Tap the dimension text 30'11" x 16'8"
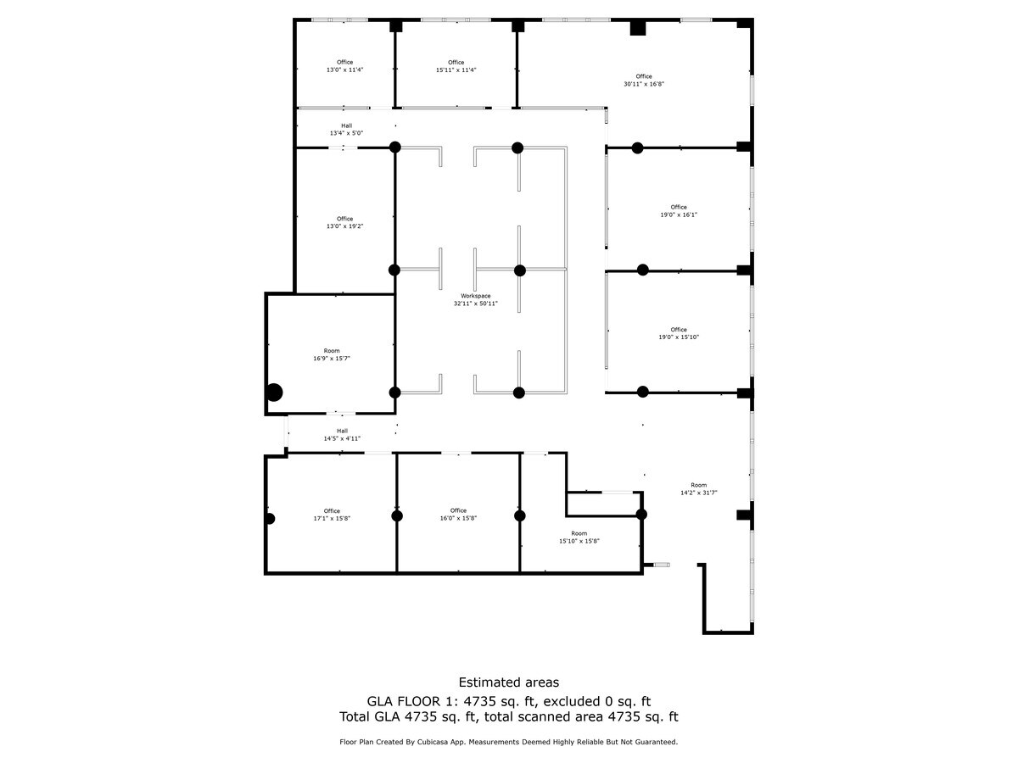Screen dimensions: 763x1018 pyautogui.click(x=644, y=84)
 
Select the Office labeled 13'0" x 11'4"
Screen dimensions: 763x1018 pyautogui.click(x=344, y=66)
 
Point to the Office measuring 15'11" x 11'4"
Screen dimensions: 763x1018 pyautogui.click(x=456, y=66)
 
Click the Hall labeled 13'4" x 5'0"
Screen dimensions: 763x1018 pyautogui.click(x=346, y=130)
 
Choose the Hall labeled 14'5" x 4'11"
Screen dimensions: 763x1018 pyautogui.click(x=342, y=435)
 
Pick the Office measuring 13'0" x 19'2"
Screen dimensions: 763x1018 pyautogui.click(x=344, y=223)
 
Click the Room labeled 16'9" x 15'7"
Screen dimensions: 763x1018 pyautogui.click(x=331, y=354)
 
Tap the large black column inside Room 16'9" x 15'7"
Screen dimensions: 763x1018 pyautogui.click(x=274, y=393)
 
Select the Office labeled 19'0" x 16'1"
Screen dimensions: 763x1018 pyautogui.click(x=679, y=211)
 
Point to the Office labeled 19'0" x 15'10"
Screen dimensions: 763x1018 pyautogui.click(x=679, y=333)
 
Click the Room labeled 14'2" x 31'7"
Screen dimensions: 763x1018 pyautogui.click(x=698, y=488)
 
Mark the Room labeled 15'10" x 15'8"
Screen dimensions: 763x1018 pyautogui.click(x=579, y=537)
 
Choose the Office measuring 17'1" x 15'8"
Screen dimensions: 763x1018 pyautogui.click(x=331, y=515)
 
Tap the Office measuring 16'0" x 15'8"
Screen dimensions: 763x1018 pyautogui.click(x=458, y=515)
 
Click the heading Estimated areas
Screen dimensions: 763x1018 pyautogui.click(x=508, y=682)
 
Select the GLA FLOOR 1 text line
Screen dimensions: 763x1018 pyautogui.click(x=508, y=701)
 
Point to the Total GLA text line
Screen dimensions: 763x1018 pyautogui.click(x=508, y=717)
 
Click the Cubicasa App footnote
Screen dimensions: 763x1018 pyautogui.click(x=508, y=742)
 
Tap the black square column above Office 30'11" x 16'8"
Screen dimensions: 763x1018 pyautogui.click(x=638, y=28)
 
